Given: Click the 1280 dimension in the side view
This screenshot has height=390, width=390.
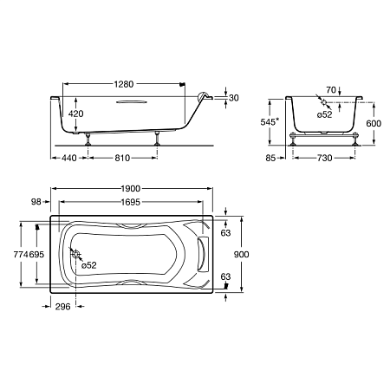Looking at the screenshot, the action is (x=124, y=84).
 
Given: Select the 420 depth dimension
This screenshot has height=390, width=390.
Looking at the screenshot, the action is (x=75, y=114).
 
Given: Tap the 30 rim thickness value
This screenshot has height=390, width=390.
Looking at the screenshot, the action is (x=234, y=98).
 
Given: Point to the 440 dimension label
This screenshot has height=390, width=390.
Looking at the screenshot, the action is (x=69, y=158).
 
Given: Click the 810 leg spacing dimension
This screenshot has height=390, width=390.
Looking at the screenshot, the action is (x=122, y=158).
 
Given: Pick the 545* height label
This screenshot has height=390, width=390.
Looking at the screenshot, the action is (x=270, y=122).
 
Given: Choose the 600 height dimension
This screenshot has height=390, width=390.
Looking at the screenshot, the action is (x=374, y=123).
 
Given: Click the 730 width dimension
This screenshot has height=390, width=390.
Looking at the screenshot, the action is (x=325, y=158).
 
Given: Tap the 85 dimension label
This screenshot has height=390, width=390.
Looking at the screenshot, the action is (x=270, y=158).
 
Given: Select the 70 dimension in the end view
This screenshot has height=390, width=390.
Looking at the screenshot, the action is (x=331, y=90).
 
